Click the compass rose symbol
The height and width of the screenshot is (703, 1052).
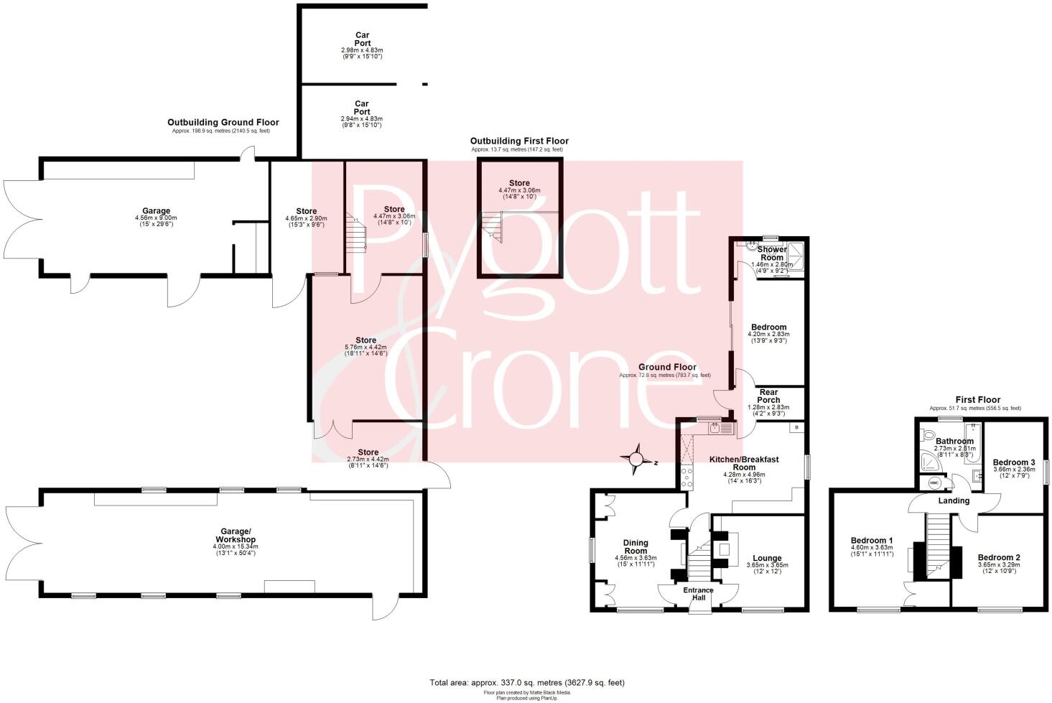(x=637, y=460)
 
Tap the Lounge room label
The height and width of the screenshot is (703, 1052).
(x=767, y=558)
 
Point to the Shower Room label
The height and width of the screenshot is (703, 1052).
(x=772, y=253)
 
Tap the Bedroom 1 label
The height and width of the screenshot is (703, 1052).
(x=872, y=541)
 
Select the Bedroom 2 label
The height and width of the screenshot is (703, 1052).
(x=998, y=557)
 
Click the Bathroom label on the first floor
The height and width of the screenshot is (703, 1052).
(x=954, y=442)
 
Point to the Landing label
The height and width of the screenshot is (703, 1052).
(x=954, y=501)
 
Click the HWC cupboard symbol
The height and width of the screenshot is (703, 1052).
(x=934, y=483)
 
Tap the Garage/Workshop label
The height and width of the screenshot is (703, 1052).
(x=237, y=536)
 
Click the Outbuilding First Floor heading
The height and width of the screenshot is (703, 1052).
(x=519, y=141)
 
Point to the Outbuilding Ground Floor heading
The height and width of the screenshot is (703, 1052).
(x=223, y=123)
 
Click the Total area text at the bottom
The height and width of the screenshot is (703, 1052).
(x=527, y=683)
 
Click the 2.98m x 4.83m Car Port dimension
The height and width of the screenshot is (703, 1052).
(x=362, y=50)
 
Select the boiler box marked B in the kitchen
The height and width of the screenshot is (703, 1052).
(x=795, y=428)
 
